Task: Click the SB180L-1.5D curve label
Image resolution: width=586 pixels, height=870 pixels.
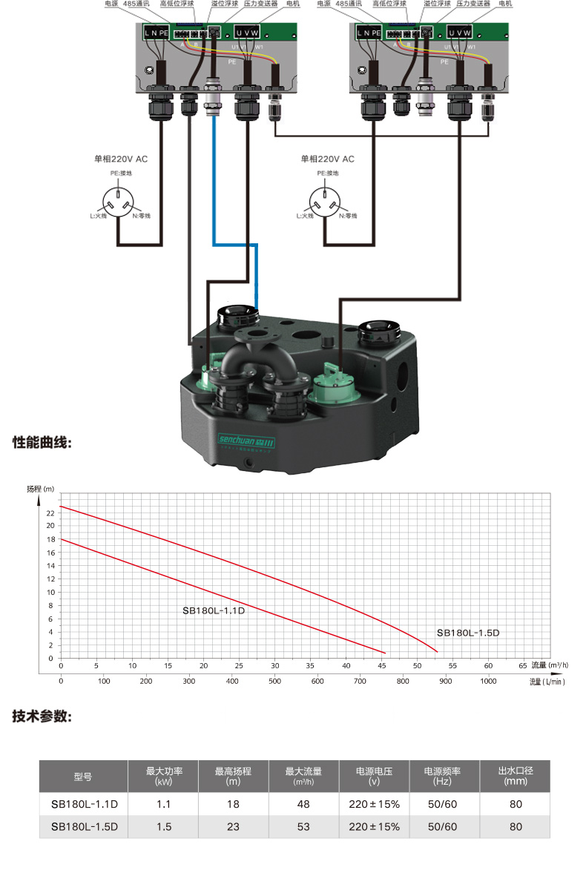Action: click(468, 633)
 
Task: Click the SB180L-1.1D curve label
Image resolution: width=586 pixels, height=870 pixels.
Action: click(214, 611)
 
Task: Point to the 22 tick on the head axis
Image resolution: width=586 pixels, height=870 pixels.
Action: click(50, 513)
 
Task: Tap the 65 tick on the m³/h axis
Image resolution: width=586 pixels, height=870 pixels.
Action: click(523, 665)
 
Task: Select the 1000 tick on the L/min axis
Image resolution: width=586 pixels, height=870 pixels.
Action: click(488, 681)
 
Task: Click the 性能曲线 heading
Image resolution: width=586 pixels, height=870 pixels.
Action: click(42, 443)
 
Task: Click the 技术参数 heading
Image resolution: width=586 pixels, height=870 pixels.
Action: click(42, 716)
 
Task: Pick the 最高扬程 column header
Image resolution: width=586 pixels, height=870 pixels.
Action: click(233, 776)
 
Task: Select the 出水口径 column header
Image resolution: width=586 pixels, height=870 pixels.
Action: click(515, 776)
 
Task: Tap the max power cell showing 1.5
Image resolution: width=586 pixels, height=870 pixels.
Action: click(163, 826)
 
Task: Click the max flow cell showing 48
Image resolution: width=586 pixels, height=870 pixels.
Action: click(303, 804)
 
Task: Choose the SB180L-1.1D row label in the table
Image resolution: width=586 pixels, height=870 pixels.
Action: click(85, 804)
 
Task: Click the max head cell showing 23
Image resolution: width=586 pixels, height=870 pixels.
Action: click(233, 826)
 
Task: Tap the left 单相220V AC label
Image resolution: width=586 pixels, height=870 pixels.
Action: click(120, 159)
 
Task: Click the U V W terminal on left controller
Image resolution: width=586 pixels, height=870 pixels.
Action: click(247, 33)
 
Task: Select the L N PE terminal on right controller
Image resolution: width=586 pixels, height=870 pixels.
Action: click(368, 33)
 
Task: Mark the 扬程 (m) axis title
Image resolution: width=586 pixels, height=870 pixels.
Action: click(42, 489)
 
